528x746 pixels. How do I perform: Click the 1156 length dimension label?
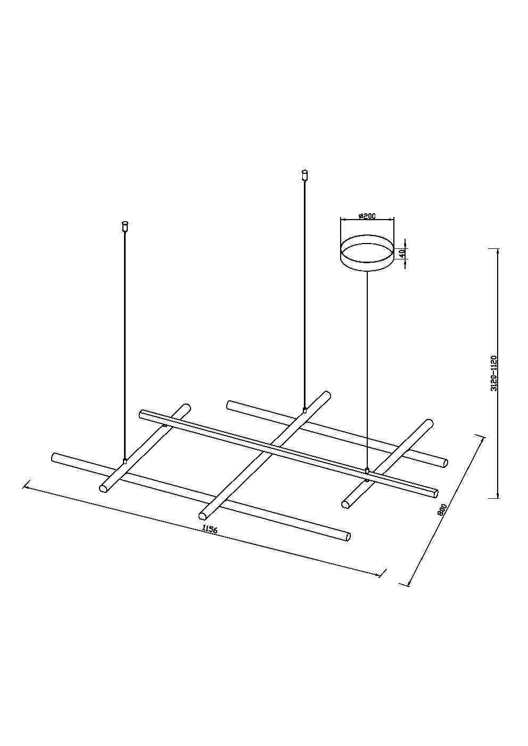(x=210, y=530)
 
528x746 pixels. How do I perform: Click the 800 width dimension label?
(x=441, y=509)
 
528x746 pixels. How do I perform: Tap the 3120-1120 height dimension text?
(x=493, y=373)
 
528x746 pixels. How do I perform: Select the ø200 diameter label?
(x=367, y=216)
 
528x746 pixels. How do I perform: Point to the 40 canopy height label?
(x=404, y=253)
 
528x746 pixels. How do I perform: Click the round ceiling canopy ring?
(x=367, y=255)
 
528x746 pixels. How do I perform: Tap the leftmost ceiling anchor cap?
(x=125, y=225)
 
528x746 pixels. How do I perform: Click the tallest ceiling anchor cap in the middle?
(x=304, y=173)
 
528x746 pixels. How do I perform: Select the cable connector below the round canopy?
(x=367, y=470)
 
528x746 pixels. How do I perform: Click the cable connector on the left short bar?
(x=125, y=461)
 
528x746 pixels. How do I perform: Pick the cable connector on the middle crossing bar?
(x=304, y=410)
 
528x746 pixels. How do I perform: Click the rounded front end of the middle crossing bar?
(x=203, y=515)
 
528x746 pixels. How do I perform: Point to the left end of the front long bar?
(x=54, y=457)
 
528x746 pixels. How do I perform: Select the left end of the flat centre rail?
(x=141, y=414)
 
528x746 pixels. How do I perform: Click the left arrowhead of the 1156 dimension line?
(x=25, y=486)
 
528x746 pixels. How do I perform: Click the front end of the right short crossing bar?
(x=345, y=503)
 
